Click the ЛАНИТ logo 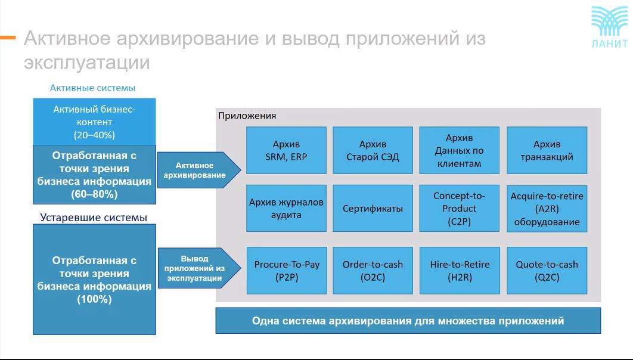coord(610,27)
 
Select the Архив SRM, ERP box coord(286,150)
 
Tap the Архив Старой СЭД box coord(373,150)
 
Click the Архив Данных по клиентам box coord(460,150)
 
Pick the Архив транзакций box coord(547,150)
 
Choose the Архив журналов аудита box coord(286,208)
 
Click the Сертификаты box coord(373,208)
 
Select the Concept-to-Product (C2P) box coord(460,208)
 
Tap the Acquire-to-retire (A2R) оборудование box coord(547,209)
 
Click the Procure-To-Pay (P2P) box coord(287,271)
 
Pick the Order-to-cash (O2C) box coord(373,271)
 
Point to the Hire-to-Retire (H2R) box coord(460,271)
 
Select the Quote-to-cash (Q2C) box coord(547,271)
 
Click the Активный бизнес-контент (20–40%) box coord(94,122)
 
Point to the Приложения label coord(247,116)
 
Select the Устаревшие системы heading coord(93,218)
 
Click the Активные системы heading coord(92,88)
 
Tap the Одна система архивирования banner coord(408,321)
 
